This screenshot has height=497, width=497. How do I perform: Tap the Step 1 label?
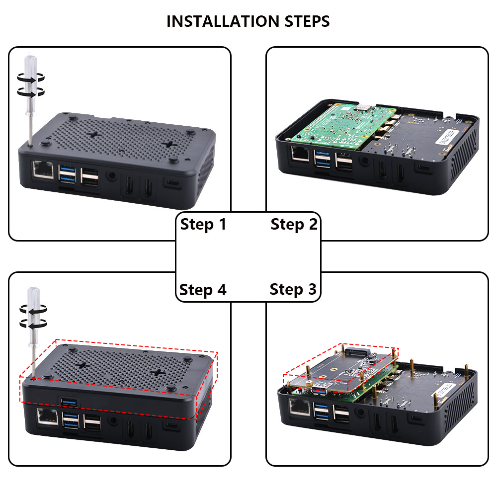coord(203,224)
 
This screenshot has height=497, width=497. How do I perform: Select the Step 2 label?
coord(294,224)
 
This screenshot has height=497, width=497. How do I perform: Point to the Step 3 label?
coord(293,289)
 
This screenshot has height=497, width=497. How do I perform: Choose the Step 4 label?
coord(203,289)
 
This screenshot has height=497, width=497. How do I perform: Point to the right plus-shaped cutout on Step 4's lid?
coord(158,373)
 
